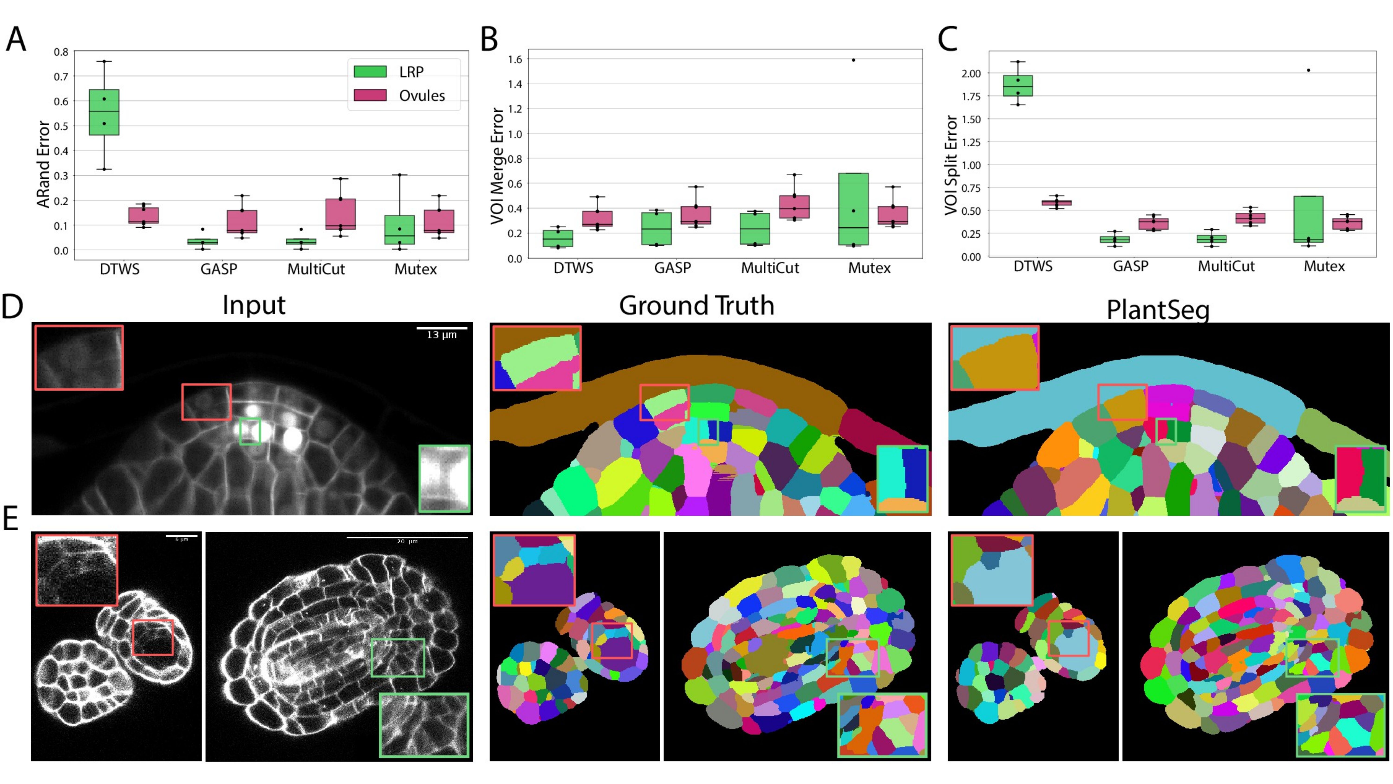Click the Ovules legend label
tap(422, 96)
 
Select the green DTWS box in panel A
tap(104, 112)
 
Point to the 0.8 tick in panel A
tap(61, 52)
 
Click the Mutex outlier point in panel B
tap(853, 60)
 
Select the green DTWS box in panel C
tap(1018, 85)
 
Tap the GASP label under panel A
tap(218, 269)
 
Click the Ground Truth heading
tap(696, 306)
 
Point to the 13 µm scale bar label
tap(441, 335)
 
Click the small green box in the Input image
tap(250, 431)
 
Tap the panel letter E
tap(11, 518)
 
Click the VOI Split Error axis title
tap(951, 165)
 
